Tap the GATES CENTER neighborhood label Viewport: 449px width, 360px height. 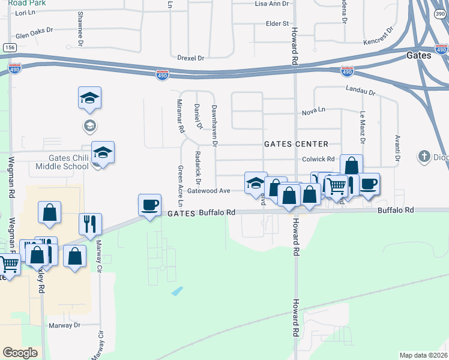click(x=297, y=144)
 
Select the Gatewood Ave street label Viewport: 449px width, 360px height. click(x=209, y=191)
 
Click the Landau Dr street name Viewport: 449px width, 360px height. click(x=360, y=91)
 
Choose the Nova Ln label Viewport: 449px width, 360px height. click(x=313, y=111)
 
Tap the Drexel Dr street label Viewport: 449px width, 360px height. click(x=191, y=58)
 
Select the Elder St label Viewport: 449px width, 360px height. click(x=277, y=23)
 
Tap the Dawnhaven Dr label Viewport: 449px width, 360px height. click(x=214, y=125)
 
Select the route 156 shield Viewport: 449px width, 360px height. click(x=9, y=47)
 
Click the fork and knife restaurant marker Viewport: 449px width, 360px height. click(x=90, y=224)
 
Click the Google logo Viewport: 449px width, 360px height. click(x=20, y=353)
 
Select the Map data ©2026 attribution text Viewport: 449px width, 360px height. click(x=424, y=355)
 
